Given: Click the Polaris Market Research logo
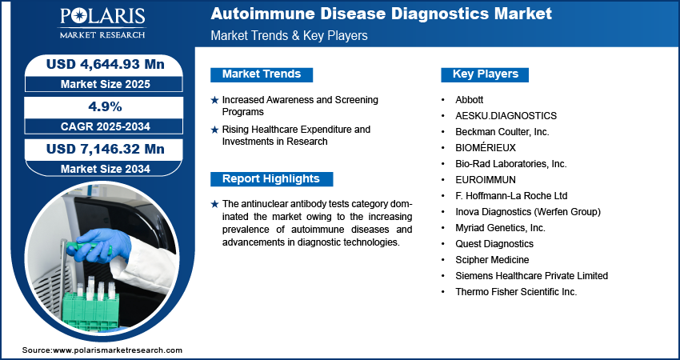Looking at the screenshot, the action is point(102,23).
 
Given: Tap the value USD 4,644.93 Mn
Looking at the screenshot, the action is point(106,65).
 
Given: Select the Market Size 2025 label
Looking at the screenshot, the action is point(106,84).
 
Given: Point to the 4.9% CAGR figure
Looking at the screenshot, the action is point(106,106).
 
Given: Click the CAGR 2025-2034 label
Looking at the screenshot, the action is point(106,126).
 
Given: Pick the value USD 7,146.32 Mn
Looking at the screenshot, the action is point(106,150).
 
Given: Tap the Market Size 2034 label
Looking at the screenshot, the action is point(106,169).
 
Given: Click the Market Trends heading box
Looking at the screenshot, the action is point(262,74).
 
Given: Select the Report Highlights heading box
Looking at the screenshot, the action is point(271,178).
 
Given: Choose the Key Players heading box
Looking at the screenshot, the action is point(485,74).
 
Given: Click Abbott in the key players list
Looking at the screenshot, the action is point(470,100).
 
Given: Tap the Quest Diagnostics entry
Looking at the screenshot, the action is point(494,244).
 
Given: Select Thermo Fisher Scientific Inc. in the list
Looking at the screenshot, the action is point(516,292).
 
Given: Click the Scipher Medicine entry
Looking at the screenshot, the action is point(492,260).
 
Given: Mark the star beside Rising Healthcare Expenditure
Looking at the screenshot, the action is point(214,130).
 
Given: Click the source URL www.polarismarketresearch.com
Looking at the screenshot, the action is point(118,350).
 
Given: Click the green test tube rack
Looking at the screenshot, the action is point(90,311).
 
